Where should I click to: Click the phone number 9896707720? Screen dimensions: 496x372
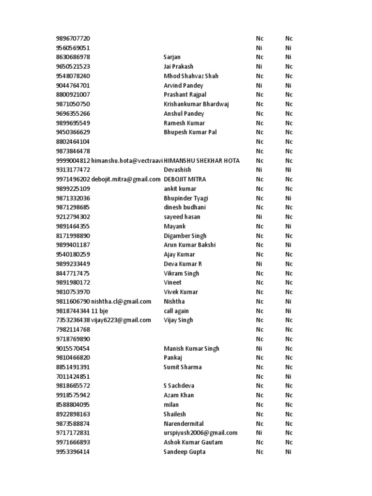coord(73,38)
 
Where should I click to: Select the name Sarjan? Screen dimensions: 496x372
coord(172,57)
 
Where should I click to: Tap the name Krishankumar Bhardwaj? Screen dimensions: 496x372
coord(196,104)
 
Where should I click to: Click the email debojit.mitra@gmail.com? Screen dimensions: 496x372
coord(126,179)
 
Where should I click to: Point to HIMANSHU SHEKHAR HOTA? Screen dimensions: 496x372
coord(201,160)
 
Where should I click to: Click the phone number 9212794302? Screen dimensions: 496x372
coord(73,217)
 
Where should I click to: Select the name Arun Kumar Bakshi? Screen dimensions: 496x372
coord(190,245)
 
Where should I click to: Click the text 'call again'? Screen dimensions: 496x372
coord(176,311)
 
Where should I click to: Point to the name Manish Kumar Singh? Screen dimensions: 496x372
coord(191,348)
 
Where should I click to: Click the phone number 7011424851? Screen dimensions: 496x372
coord(73,376)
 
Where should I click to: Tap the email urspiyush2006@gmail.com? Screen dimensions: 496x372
coord(201,433)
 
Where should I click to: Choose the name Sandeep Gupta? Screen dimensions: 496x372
coord(185,452)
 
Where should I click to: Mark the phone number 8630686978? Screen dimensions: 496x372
coord(73,57)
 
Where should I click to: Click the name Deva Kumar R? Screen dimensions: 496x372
coord(183,264)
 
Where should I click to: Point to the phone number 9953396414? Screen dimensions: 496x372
coord(73,452)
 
